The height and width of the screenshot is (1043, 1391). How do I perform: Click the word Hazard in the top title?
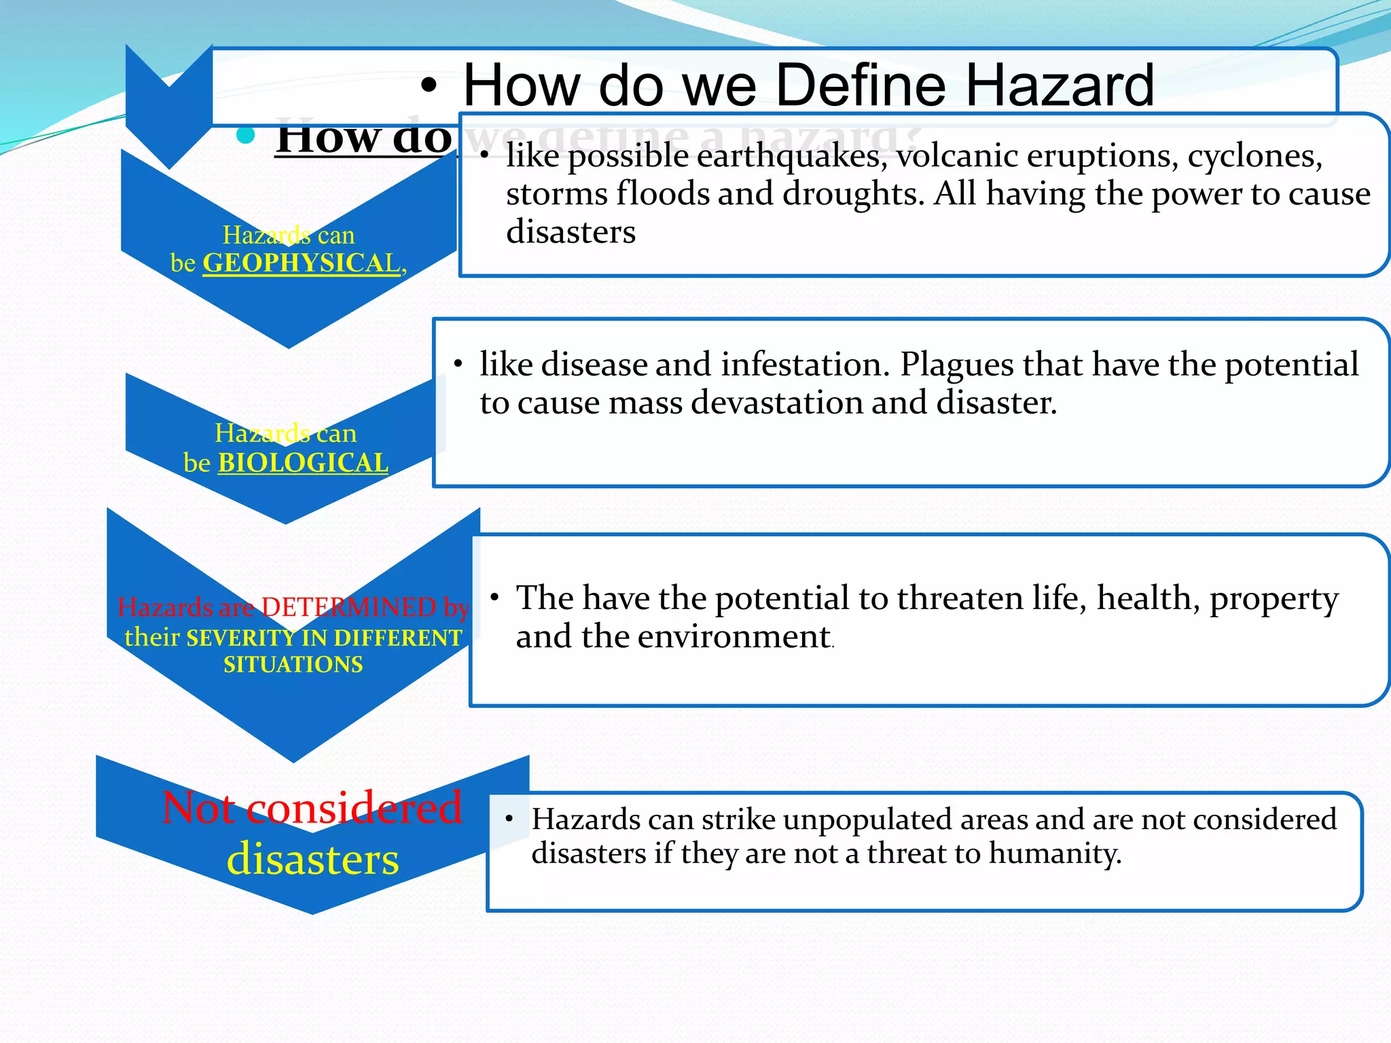pyautogui.click(x=1060, y=86)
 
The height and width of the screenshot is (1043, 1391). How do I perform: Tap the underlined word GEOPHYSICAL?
pyautogui.click(x=302, y=263)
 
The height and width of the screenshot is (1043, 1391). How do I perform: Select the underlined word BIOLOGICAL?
pyautogui.click(x=303, y=463)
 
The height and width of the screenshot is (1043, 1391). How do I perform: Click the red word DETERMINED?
pyautogui.click(x=348, y=607)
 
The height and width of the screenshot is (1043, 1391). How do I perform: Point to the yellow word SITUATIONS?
pyautogui.click(x=293, y=664)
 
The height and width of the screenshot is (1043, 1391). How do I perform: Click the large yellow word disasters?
pyautogui.click(x=312, y=859)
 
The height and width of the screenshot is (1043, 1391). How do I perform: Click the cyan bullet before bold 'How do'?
pyautogui.click(x=245, y=136)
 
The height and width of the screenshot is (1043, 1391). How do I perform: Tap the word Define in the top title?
pyautogui.click(x=861, y=86)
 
